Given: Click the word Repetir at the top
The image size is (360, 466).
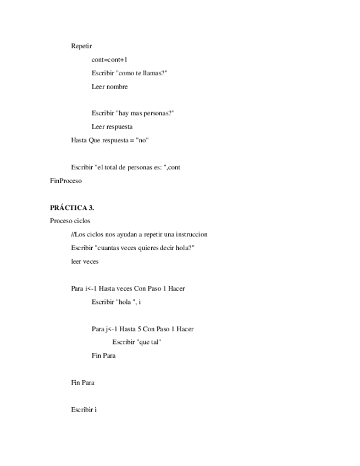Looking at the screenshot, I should [81, 46].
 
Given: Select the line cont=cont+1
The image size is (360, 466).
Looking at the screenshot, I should [109, 59].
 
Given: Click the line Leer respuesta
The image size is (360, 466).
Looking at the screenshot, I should [112, 127].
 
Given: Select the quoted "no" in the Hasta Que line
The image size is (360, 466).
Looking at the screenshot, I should [142, 140].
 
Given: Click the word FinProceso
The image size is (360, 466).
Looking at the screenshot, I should [66, 181].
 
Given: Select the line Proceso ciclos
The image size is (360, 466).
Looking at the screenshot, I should [70, 221].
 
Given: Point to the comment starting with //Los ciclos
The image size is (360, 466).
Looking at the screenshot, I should [139, 235].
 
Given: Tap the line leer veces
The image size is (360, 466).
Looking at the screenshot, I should [85, 262].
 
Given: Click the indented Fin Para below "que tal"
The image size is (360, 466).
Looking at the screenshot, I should [103, 356].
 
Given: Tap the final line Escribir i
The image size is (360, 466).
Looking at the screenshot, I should [84, 409].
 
